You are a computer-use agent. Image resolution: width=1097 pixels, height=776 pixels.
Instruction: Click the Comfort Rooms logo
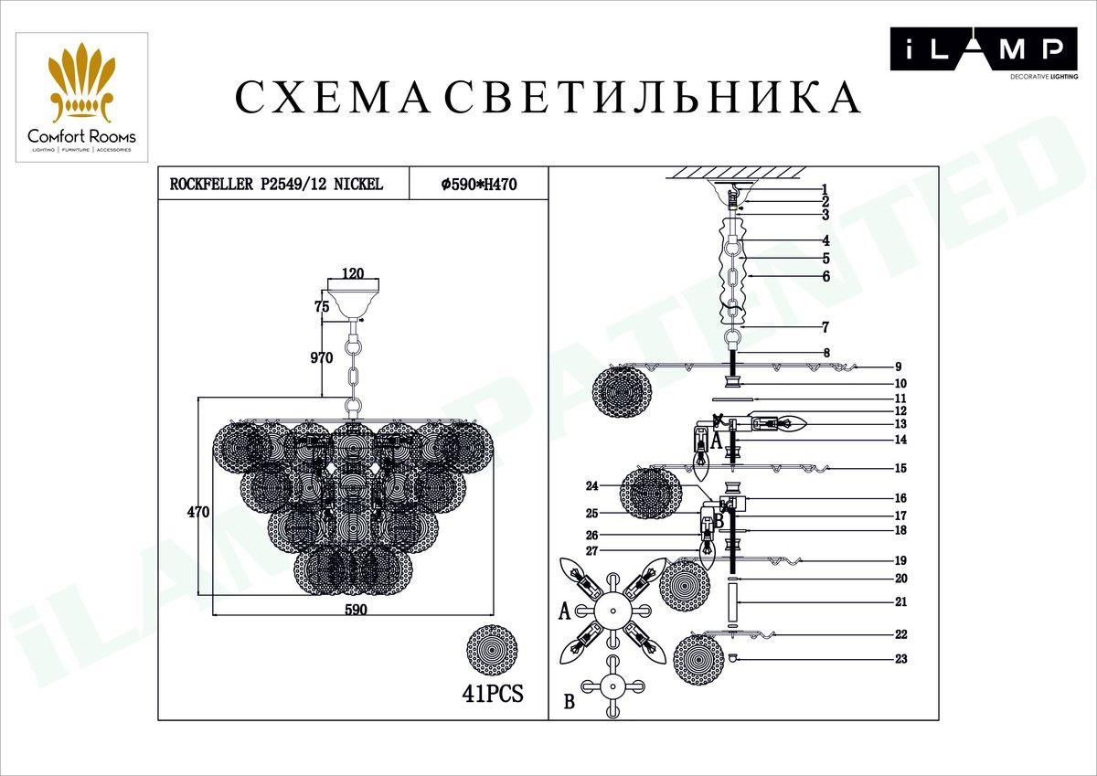point(81,97)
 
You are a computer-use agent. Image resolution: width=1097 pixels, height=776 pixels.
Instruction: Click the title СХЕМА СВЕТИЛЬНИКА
point(548,98)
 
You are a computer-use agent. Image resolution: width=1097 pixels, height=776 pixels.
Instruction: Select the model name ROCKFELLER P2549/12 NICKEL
point(276,184)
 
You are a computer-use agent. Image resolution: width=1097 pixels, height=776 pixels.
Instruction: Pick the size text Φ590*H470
point(479,184)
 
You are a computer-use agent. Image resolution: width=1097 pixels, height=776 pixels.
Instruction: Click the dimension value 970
point(320,358)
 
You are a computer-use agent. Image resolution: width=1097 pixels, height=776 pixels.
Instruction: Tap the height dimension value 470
point(198,513)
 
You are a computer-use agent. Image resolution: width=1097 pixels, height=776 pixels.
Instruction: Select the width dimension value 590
point(355,611)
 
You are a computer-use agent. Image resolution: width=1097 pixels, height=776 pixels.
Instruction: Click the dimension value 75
point(321,307)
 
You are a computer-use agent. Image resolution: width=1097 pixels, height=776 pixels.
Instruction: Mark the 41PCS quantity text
point(493,694)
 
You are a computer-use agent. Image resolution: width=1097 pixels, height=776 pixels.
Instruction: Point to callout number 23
point(900,659)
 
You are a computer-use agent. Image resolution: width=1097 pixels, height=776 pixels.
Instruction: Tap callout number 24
point(591,485)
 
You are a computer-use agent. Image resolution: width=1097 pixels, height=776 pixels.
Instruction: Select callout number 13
point(900,424)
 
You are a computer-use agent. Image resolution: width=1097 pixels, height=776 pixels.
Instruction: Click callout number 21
point(900,602)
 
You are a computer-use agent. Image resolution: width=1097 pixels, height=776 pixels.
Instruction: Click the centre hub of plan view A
point(610,610)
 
